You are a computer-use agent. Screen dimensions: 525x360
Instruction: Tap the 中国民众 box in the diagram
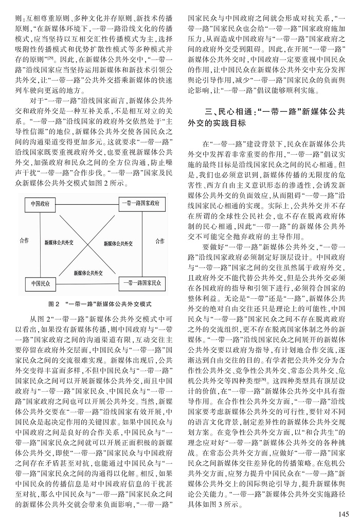coord(41,282)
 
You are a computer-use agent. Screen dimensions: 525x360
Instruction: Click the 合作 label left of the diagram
coord(25,241)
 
